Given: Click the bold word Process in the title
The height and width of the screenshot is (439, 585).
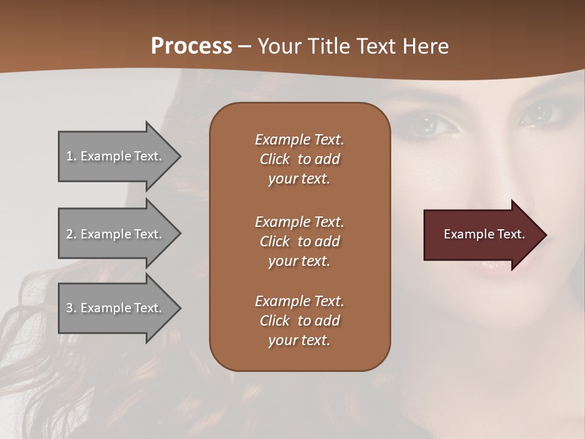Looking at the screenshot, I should pyautogui.click(x=191, y=46).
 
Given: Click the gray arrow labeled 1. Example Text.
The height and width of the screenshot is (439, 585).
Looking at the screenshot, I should pyautogui.click(x=116, y=156).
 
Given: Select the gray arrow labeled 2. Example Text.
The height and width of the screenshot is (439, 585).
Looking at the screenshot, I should pyautogui.click(x=116, y=234).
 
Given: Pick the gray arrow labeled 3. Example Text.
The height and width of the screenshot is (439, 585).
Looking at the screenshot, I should pyautogui.click(x=116, y=308).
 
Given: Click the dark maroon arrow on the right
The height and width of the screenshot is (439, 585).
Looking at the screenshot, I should pyautogui.click(x=481, y=234).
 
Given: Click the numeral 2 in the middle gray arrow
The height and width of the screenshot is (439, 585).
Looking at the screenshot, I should pyautogui.click(x=69, y=234).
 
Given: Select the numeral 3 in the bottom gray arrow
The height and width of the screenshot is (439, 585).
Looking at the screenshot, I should pyautogui.click(x=69, y=308).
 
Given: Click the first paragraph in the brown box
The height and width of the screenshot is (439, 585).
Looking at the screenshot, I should pyautogui.click(x=299, y=159).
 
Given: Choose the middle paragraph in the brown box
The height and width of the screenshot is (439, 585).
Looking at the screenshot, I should pyautogui.click(x=299, y=241).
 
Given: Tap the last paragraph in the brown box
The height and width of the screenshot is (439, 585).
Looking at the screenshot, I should pyautogui.click(x=299, y=321).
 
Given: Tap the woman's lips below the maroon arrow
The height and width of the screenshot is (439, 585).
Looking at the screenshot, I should pyautogui.click(x=497, y=263).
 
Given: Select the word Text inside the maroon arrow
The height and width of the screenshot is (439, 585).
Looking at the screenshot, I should pyautogui.click(x=511, y=234).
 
